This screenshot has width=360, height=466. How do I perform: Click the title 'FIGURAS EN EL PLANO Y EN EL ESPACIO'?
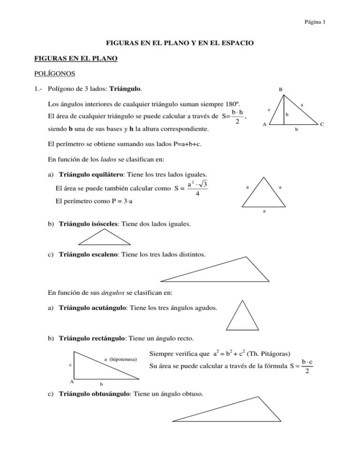(x=180, y=43)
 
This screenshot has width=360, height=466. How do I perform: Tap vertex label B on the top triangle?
(x=280, y=88)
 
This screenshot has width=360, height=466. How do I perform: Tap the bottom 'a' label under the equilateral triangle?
(x=264, y=211)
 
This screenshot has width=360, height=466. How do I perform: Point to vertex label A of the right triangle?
(x=71, y=382)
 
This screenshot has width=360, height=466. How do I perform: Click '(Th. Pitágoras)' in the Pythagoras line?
(x=268, y=353)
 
